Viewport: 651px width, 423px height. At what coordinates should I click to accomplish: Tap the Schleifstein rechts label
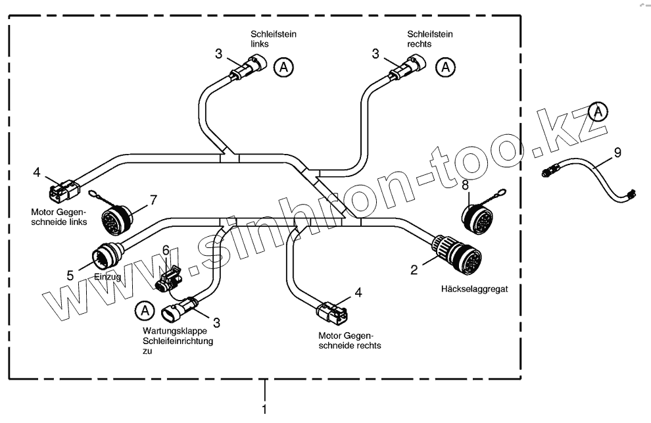point(421,38)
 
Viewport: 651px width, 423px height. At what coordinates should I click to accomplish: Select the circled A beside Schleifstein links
point(283,67)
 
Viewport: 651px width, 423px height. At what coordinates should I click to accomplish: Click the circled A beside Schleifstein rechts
point(446,67)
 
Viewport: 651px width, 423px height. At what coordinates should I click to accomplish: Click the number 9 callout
point(617,153)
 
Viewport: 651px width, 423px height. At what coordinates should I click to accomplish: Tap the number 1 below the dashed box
point(265,409)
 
